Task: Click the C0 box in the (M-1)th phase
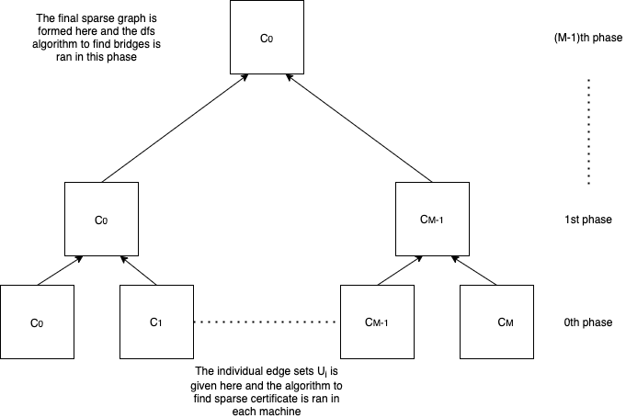[267, 39]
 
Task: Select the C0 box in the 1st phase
[101, 220]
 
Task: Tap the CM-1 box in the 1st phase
[432, 220]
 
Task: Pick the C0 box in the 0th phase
[37, 322]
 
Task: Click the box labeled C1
[156, 322]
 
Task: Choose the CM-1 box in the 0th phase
[377, 322]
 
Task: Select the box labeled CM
[496, 322]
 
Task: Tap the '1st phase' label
[586, 220]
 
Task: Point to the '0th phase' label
[586, 323]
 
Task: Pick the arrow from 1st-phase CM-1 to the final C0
[362, 129]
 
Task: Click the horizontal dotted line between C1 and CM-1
[267, 322]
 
